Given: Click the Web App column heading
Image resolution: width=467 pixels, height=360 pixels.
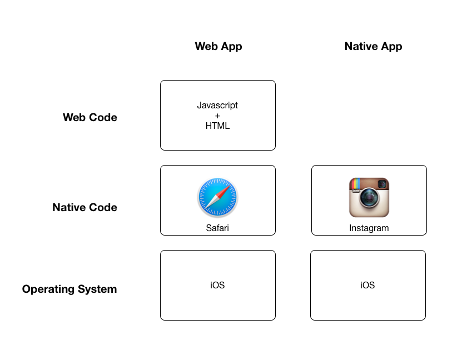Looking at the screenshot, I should pos(218,46).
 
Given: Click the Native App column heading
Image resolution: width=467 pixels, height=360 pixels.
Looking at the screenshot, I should pos(373,46).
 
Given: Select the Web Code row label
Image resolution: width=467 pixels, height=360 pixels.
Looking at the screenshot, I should pos(90,117).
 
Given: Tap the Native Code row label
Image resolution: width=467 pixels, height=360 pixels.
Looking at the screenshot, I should pos(85,207).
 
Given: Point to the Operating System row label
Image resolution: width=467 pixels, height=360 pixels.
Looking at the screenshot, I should pos(69,289).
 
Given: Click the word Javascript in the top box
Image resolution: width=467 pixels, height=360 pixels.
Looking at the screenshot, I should pos(217,105).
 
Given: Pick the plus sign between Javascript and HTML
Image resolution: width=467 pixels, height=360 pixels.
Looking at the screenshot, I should pos(217,116).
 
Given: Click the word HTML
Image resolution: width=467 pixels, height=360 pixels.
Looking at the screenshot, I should pos(217,126).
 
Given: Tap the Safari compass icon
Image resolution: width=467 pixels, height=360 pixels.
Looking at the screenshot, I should pos(217,198).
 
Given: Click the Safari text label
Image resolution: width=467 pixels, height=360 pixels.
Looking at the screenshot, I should pos(217,228).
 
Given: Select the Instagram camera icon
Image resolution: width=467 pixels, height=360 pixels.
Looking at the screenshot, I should pos(369,197).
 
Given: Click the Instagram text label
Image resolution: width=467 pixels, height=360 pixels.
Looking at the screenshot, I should pos(369,228).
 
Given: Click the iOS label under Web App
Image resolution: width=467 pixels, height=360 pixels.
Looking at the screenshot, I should pos(217,285).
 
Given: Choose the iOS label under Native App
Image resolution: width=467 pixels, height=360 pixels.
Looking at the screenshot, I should pos(367,285).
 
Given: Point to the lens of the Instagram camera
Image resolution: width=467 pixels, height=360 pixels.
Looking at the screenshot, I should pos(369,199).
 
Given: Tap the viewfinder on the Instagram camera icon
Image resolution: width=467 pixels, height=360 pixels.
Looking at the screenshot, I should pos(382,184).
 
